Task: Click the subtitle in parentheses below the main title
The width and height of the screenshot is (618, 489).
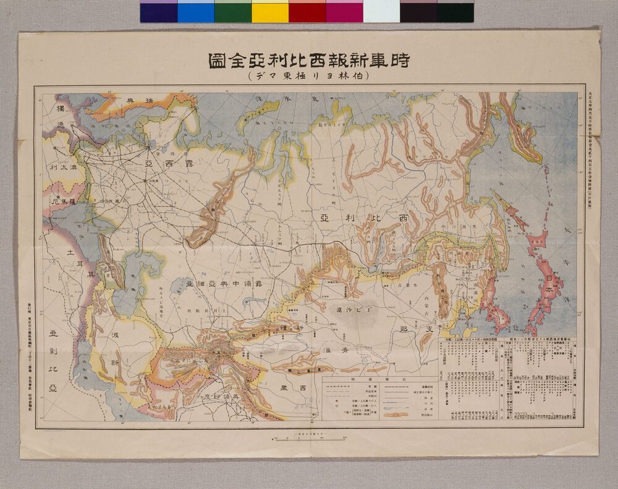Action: point(308,77)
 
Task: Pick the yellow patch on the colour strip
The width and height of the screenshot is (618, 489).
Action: point(270,12)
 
